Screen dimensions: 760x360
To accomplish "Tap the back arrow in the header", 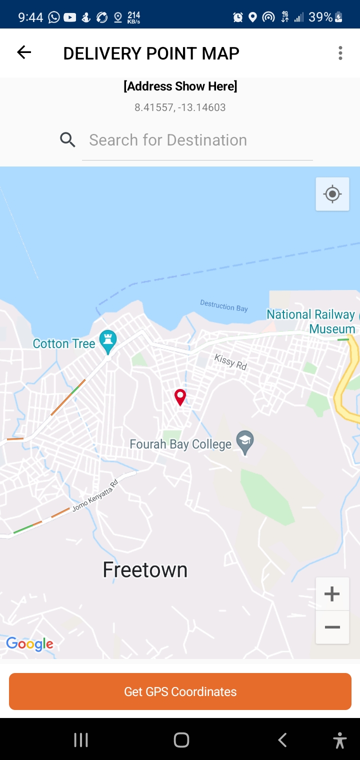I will pos(24,52).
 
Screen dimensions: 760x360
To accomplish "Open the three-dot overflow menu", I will pos(340,53).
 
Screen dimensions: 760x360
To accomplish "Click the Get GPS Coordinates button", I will pos(180,691).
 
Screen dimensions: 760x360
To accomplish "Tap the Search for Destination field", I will pos(197,140).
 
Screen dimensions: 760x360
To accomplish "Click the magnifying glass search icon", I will pos(67,140).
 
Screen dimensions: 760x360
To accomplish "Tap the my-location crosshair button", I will pos(332,194).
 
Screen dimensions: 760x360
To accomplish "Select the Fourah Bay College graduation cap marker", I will pos(245,442).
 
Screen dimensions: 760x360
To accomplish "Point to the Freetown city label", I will pos(145,570).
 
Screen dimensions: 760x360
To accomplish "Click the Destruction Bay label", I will pos(224,305).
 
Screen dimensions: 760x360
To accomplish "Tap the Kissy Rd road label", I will pos(230,361).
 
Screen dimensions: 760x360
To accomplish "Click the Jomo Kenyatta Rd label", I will pos(95,495).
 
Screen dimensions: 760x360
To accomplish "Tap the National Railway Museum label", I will pos(310,321).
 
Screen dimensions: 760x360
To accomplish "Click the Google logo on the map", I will pos(29,644).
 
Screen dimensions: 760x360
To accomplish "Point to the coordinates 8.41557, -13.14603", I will pos(180,107).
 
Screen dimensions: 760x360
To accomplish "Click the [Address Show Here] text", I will pos(180,86).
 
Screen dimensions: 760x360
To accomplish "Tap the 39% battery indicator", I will pos(325,17).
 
